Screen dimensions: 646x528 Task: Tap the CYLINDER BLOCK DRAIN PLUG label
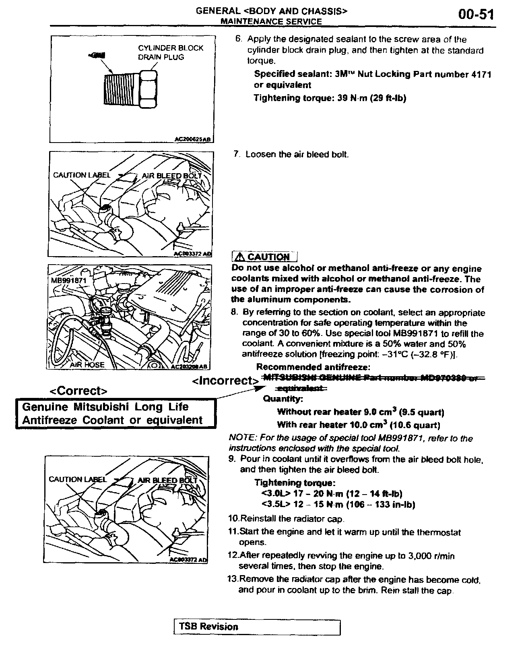coord(171,52)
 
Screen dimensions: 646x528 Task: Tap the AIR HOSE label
coord(87,365)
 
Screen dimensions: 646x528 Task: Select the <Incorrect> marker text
coord(225,381)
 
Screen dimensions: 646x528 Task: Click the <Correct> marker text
coord(78,391)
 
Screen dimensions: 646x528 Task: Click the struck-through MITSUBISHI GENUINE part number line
coord(372,378)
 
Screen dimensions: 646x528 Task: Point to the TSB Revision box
coord(257,627)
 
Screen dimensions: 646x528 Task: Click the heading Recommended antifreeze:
coord(313,367)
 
